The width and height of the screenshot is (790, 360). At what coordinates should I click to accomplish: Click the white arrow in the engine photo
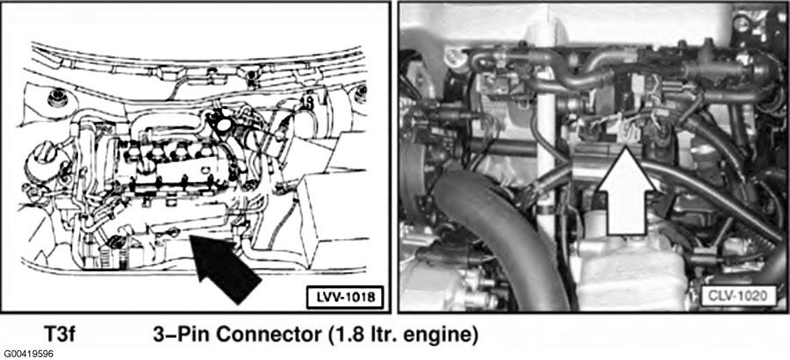[626, 191]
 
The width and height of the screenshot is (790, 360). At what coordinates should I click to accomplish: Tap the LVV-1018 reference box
[345, 297]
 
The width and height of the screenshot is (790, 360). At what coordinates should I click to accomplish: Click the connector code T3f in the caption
[60, 335]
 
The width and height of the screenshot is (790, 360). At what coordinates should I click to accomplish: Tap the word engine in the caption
[442, 335]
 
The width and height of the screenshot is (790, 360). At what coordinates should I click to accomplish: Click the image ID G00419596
[28, 354]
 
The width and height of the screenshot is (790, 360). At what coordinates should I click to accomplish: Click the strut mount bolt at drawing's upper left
[57, 97]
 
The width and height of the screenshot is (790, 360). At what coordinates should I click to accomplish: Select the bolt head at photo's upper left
[454, 56]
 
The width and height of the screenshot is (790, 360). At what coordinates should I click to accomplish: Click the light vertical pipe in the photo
[546, 116]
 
